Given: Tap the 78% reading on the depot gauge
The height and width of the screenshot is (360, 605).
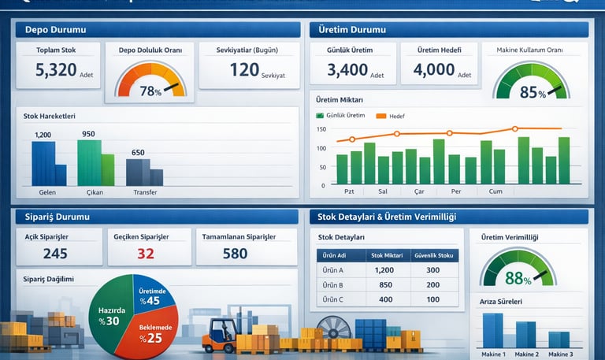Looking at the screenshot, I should pyautogui.click(x=149, y=91).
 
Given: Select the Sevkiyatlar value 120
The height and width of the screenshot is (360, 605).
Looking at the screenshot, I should pyautogui.click(x=244, y=70).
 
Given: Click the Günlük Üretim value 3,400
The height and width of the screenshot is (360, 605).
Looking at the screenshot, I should pyautogui.click(x=347, y=70).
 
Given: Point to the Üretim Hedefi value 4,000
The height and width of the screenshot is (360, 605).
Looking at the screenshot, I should pyautogui.click(x=434, y=70).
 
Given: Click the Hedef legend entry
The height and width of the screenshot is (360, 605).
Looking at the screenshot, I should pyautogui.click(x=395, y=116).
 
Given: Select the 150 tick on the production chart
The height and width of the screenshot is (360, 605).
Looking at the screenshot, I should pyautogui.click(x=321, y=130).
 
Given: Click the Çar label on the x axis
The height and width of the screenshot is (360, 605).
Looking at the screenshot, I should pyautogui.click(x=418, y=191).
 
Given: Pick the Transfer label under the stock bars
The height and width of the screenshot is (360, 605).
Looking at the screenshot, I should pyautogui.click(x=145, y=192).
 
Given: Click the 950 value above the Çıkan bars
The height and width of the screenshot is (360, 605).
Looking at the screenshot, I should pyautogui.click(x=87, y=134).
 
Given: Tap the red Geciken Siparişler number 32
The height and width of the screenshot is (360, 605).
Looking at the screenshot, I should pyautogui.click(x=146, y=254).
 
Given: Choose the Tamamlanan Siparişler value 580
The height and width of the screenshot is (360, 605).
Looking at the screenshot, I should pyautogui.click(x=235, y=254).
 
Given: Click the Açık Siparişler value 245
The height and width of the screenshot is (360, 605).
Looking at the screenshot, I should pyautogui.click(x=55, y=254).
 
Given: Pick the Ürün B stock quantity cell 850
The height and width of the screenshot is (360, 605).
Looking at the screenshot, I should pyautogui.click(x=385, y=285).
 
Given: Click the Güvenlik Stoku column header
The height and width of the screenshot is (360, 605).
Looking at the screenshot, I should pyautogui.click(x=432, y=255).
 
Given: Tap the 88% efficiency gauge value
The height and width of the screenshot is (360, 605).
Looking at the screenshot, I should pyautogui.click(x=518, y=277).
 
